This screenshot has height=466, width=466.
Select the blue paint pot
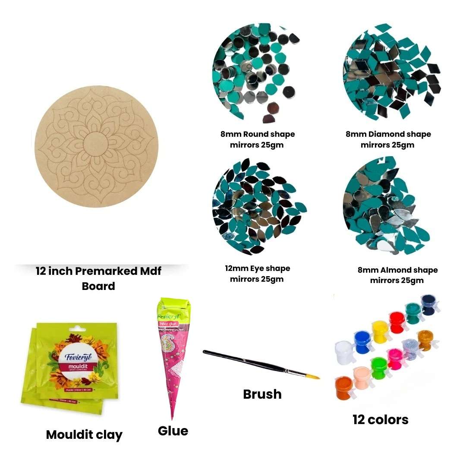point(362,341)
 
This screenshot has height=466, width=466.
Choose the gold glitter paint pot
point(425,340)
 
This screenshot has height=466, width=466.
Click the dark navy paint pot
point(428,304)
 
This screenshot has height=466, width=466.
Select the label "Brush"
point(262,394)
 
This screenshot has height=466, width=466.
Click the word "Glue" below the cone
point(173,431)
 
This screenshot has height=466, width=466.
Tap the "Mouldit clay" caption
point(84,435)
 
